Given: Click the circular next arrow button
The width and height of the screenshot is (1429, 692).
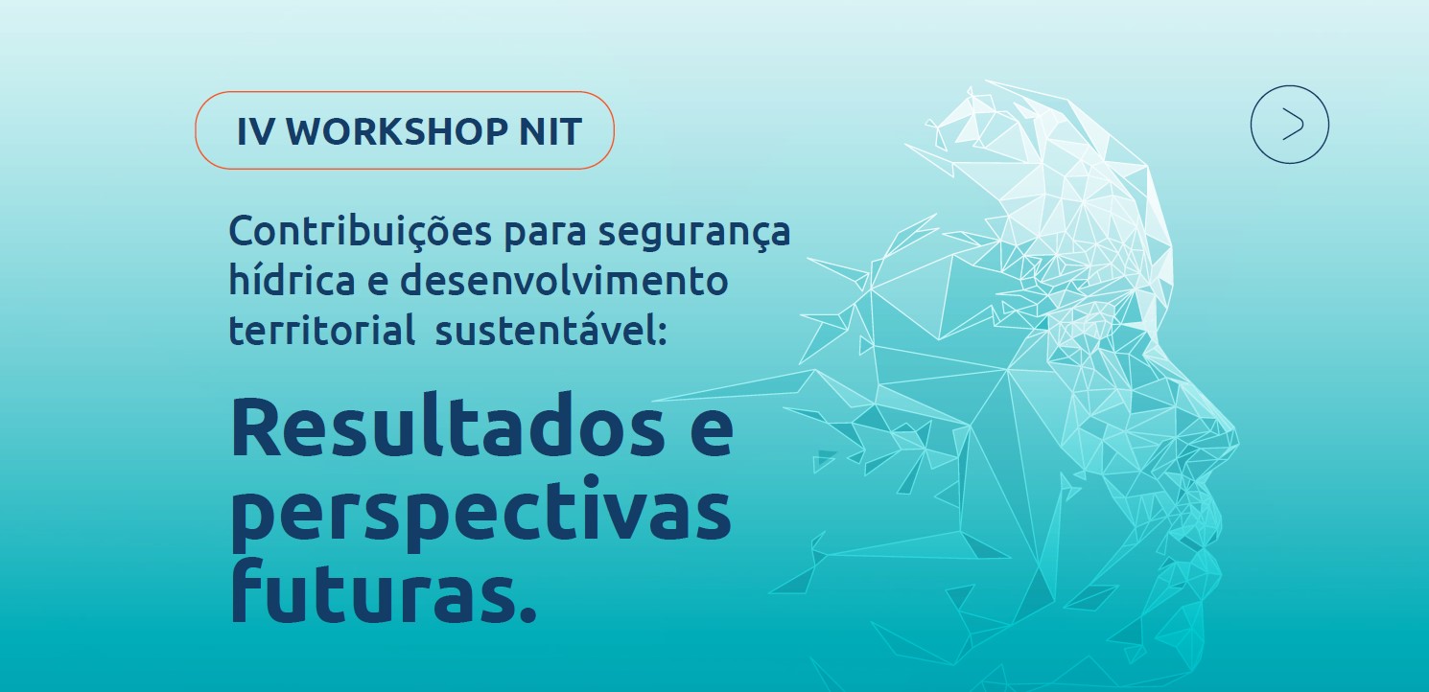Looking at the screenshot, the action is pyautogui.click(x=1289, y=125).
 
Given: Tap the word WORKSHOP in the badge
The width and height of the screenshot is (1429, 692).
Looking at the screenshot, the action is pyautogui.click(x=397, y=131).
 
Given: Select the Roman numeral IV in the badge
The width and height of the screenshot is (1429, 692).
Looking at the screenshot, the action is pyautogui.click(x=255, y=131).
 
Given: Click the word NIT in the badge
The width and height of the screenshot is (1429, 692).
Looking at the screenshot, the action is pyautogui.click(x=550, y=131).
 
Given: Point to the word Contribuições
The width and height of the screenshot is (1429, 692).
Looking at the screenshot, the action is pyautogui.click(x=361, y=232).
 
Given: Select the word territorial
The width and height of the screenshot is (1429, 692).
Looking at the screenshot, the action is pyautogui.click(x=322, y=331).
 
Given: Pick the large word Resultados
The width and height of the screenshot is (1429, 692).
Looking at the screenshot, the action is pyautogui.click(x=448, y=427).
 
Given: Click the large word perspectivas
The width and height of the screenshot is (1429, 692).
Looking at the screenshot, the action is pyautogui.click(x=480, y=514).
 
